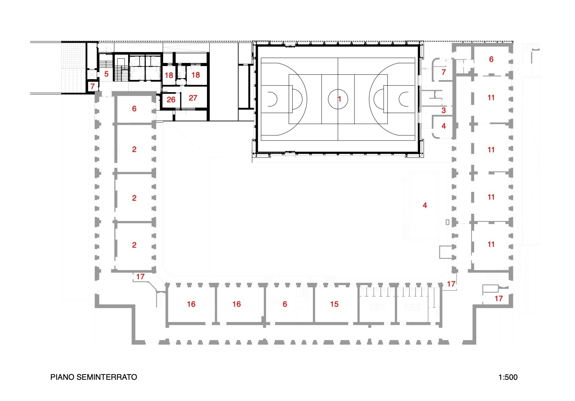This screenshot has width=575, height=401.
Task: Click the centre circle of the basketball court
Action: (x=338, y=99)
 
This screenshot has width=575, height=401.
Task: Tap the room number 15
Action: (x=334, y=304)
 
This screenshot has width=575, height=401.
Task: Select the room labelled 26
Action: (x=170, y=100)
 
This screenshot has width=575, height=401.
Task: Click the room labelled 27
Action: (x=193, y=98)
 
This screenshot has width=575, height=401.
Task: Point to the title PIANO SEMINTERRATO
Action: (x=94, y=377)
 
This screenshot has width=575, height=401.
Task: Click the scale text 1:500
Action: (x=508, y=377)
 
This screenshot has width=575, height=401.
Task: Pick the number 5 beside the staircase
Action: (x=106, y=74)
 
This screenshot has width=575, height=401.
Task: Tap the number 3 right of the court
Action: (x=444, y=110)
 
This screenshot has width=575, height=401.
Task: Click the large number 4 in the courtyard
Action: (x=424, y=206)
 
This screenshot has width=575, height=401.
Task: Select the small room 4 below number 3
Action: (x=443, y=126)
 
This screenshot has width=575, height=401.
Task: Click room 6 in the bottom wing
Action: (x=285, y=304)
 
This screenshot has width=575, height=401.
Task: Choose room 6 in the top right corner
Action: (x=491, y=59)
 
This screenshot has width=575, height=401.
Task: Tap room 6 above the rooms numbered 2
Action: (x=134, y=109)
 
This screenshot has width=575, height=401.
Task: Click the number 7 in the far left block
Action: (x=93, y=86)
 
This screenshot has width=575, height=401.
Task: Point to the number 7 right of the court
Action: (x=443, y=72)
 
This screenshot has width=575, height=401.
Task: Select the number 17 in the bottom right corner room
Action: (x=498, y=298)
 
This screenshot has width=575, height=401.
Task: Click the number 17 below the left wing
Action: (x=140, y=276)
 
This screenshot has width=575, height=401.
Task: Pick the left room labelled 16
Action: (x=191, y=304)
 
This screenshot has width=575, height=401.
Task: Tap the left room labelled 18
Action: (x=169, y=75)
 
